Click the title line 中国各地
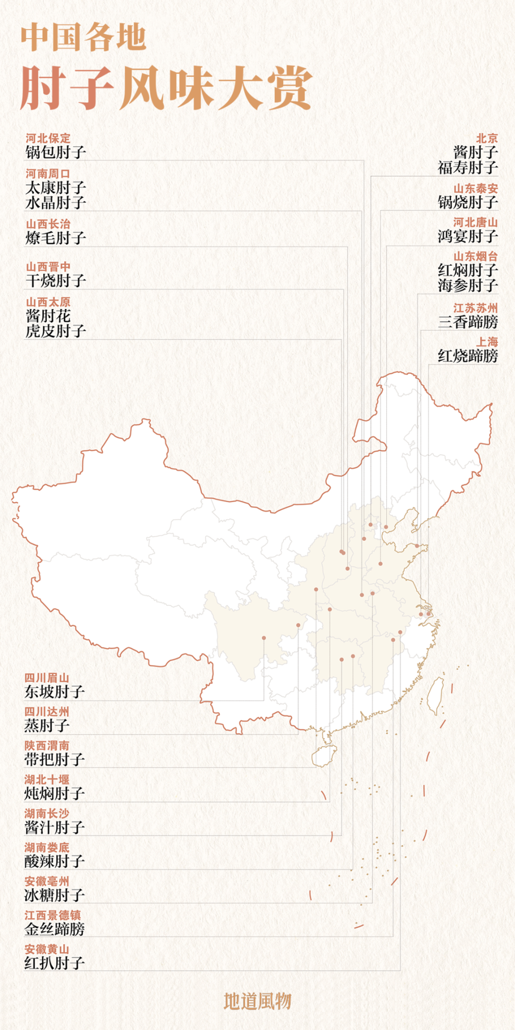[83, 38]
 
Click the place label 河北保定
[48, 138]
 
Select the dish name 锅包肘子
[56, 152]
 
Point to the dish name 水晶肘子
[56, 202]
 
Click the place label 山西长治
[48, 224]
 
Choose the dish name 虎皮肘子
[56, 331]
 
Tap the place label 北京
[487, 138]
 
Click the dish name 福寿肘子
[468, 167]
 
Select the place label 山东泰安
[475, 188]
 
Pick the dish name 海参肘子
[468, 285]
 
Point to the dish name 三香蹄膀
[468, 322]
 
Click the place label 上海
[487, 342]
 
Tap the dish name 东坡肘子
[55, 692]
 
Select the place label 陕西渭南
[47, 745]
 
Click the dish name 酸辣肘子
[55, 861]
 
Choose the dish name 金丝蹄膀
[55, 929]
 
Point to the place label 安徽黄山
[47, 949]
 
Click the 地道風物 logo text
[257, 1001]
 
